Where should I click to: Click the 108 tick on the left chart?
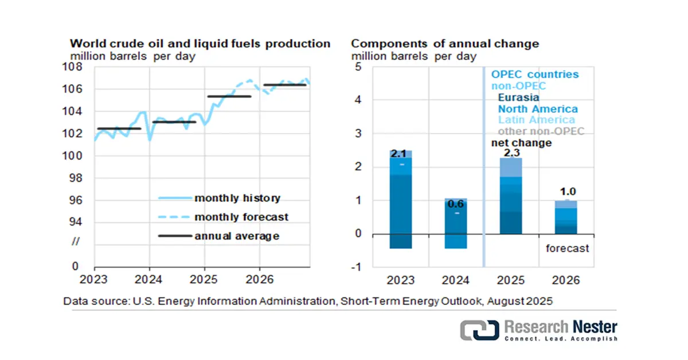pos(72,66)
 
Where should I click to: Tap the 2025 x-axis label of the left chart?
pos(204,280)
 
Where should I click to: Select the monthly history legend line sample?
pos(175,198)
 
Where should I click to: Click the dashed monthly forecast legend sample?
pos(174,217)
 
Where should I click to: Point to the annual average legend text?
pos(237,236)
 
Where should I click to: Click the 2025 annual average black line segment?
pos(229,96)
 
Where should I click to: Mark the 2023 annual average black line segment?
pos(119,128)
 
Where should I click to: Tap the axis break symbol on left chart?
pos(76,241)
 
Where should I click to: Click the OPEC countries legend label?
pos(535,75)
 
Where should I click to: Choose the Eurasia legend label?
pos(518,97)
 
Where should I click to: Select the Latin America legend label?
pos(536,120)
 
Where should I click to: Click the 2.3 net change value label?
pos(511,152)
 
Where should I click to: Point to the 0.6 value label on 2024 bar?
pos(455,204)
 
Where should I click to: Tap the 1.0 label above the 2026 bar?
pos(568,191)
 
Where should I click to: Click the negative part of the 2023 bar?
pos(401,241)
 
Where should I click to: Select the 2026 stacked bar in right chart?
pos(566,217)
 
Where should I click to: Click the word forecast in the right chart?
pos(567,248)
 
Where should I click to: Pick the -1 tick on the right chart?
pos(357,267)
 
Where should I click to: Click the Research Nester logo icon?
pos(479,330)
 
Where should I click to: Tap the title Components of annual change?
pos(445,44)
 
